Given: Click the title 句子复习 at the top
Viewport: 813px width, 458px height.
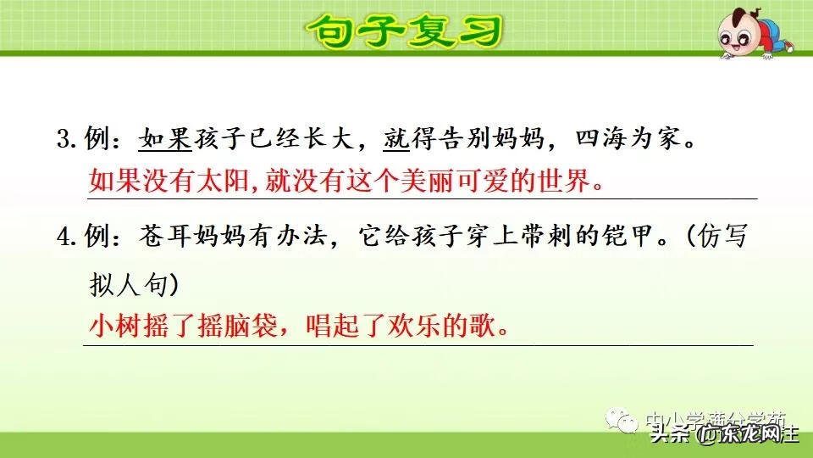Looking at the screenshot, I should tap(405, 31).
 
